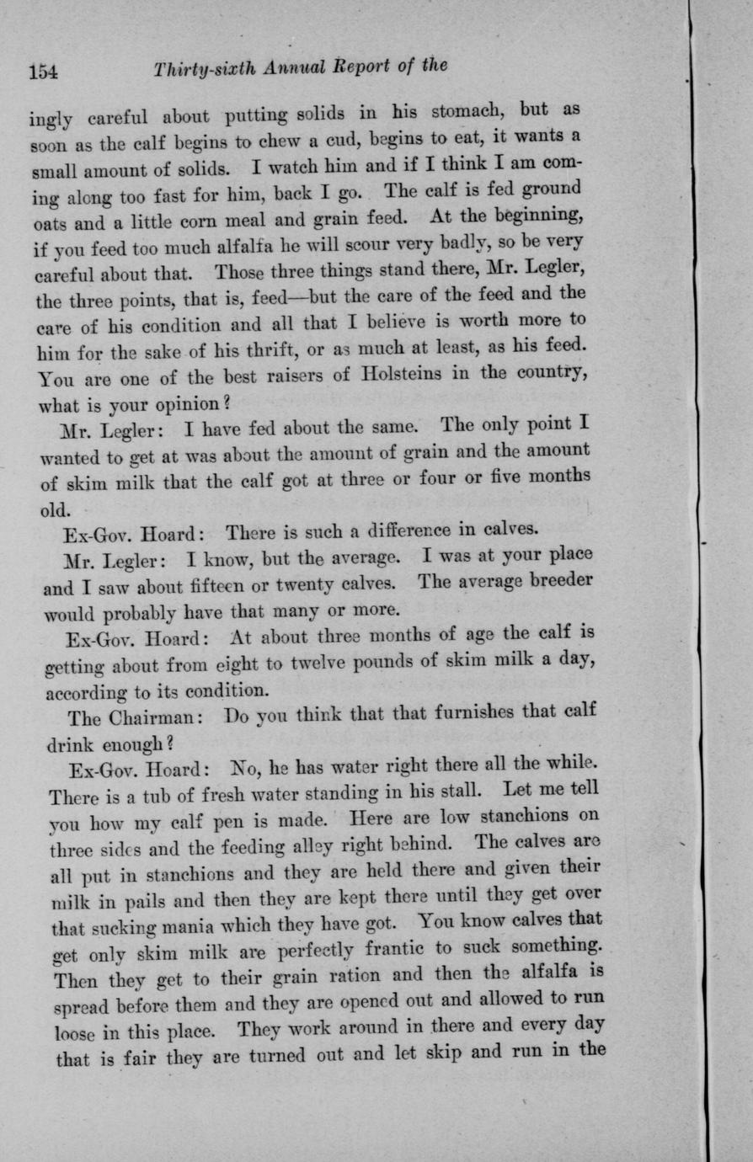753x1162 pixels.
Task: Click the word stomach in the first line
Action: (468, 111)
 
